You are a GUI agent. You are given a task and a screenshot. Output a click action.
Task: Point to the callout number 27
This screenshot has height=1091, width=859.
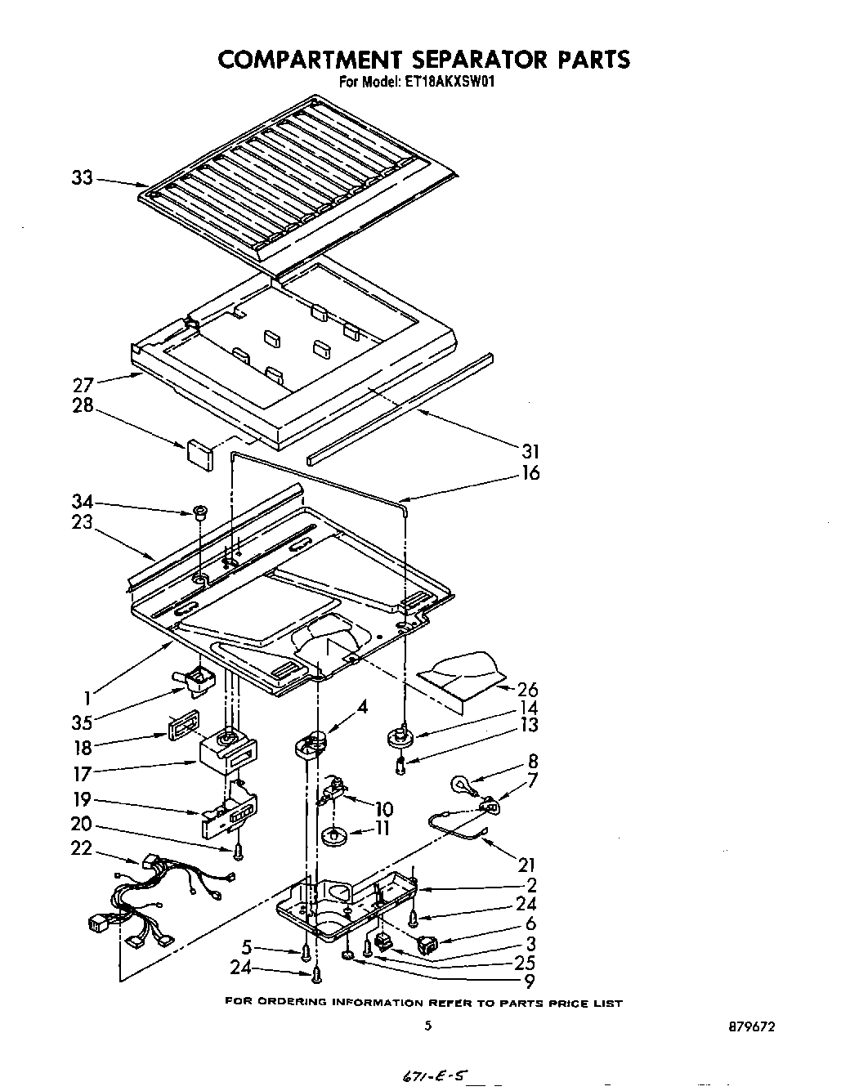84,384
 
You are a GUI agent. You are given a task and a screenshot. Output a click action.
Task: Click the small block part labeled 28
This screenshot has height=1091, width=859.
199,454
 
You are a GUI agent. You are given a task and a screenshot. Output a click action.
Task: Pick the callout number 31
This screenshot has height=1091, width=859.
530,451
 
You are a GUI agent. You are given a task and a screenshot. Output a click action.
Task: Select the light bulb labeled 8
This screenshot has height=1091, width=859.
460,785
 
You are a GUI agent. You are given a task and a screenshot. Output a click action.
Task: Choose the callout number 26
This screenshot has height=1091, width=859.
527,690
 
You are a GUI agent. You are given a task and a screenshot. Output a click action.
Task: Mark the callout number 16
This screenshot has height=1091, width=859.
530,473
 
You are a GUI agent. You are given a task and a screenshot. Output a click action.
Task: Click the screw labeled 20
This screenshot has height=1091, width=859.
238,852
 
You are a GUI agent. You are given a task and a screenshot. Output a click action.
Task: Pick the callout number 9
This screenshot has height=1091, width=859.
530,983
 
